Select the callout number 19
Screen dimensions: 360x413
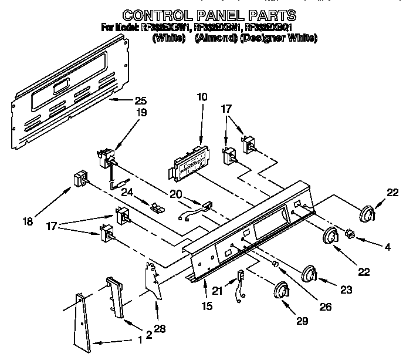pyautogui.click(x=142, y=112)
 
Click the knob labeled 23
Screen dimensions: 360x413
pyautogui.click(x=309, y=274)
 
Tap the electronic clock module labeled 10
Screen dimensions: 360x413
pyautogui.click(x=188, y=163)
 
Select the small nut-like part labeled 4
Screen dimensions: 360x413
pyautogui.click(x=350, y=233)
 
